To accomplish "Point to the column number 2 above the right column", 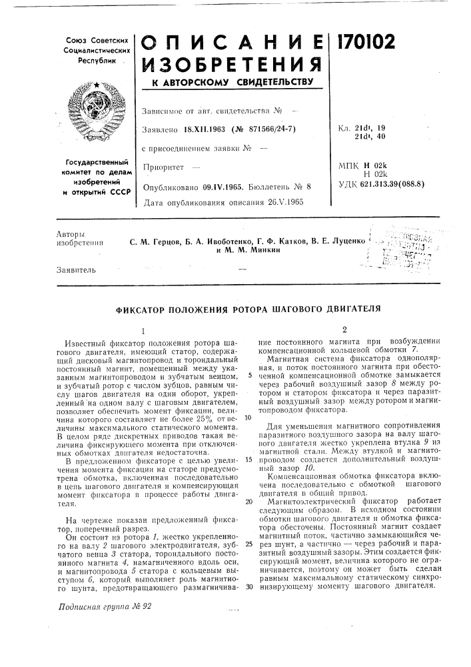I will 344,329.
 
